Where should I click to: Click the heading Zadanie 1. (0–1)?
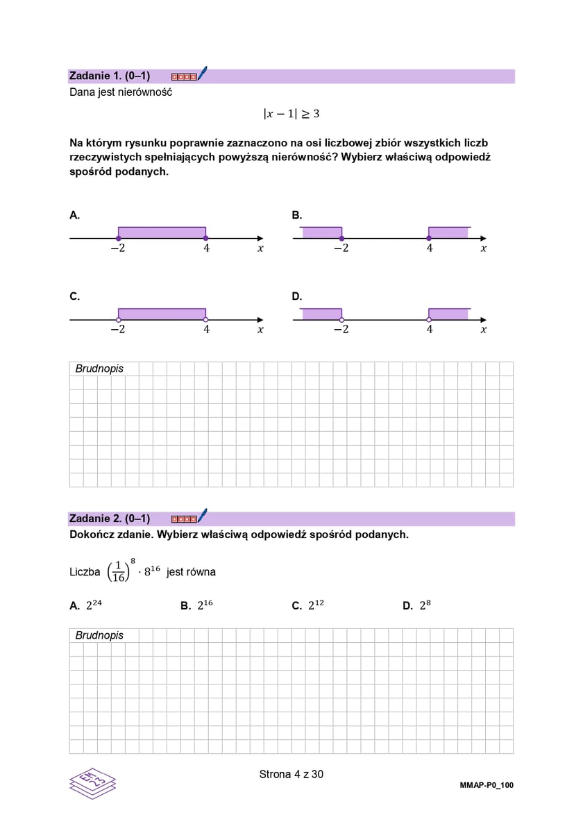(x=110, y=76)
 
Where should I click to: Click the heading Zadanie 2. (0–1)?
(x=110, y=518)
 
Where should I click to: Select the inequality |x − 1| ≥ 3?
(x=291, y=114)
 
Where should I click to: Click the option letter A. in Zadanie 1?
(x=74, y=215)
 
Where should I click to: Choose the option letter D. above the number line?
(x=297, y=296)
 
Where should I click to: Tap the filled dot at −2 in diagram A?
(x=118, y=239)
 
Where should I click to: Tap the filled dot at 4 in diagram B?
(x=429, y=239)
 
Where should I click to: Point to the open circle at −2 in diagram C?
(x=118, y=320)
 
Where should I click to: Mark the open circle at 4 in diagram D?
(x=429, y=320)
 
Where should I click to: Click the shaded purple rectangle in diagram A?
(x=162, y=233)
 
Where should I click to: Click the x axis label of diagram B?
(x=483, y=249)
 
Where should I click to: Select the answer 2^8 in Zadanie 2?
(x=425, y=605)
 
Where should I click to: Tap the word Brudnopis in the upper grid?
(x=99, y=369)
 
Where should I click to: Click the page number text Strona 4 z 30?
(x=291, y=774)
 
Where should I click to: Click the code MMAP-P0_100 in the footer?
(x=486, y=785)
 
